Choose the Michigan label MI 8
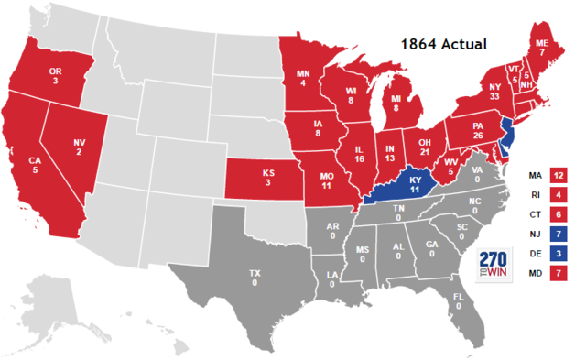tap(396, 102)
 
